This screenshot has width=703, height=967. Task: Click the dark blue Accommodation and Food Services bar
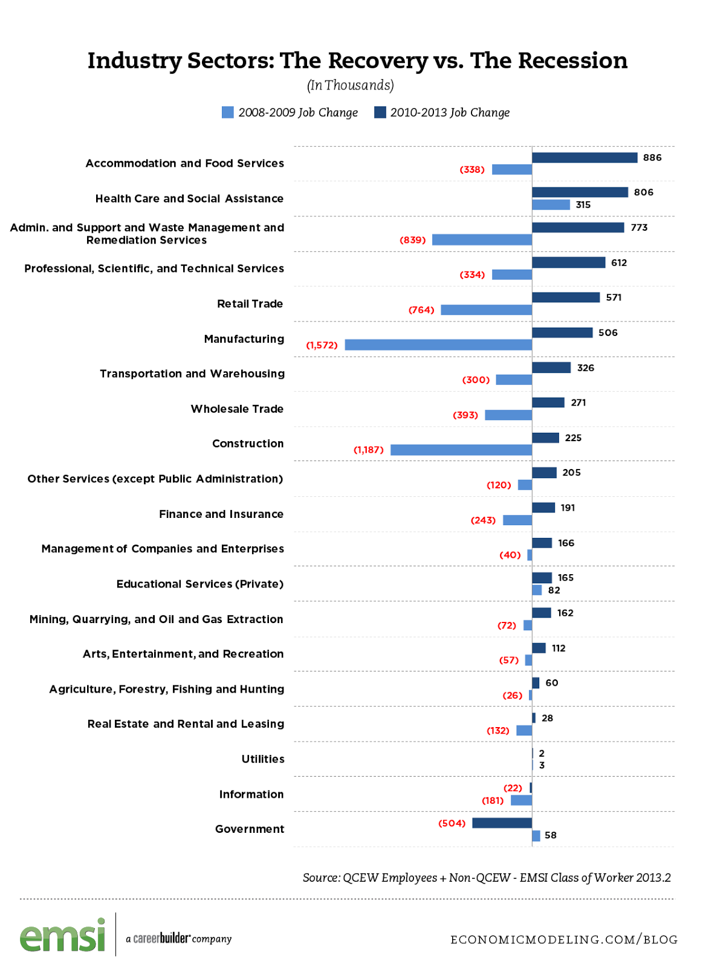pos(584,158)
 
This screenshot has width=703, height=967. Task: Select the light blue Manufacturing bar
pos(438,345)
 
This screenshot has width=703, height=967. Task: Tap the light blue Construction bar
pos(461,450)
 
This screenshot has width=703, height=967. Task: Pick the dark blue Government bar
pos(502,823)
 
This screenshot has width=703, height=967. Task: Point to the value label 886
pos(652,158)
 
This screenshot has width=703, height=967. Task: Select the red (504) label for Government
pos(452,823)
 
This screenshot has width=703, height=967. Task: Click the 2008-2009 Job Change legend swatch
pos(228,112)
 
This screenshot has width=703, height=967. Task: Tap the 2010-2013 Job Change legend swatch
pos(380,112)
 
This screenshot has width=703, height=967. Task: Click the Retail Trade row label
pos(250,304)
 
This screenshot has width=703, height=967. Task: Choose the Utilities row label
pos(262,759)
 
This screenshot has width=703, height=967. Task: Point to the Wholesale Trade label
pos(237,409)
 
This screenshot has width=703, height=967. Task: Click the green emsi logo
pos(63,936)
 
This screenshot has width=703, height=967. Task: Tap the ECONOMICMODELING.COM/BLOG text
pos(563,940)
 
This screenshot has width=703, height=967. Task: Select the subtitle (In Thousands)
pos(350,86)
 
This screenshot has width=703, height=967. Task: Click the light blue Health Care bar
pos(551,205)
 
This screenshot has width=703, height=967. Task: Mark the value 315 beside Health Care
pos(583,205)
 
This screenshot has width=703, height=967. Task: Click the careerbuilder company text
pos(179,939)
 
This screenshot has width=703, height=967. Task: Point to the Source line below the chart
pos(487,878)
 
